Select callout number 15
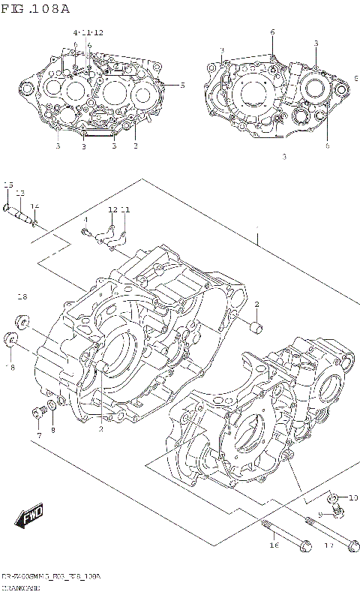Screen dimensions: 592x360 click(x=8, y=185)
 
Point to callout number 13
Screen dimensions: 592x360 click(x=20, y=194)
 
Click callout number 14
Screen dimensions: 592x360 click(x=34, y=206)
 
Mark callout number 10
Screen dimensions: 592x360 click(x=353, y=497)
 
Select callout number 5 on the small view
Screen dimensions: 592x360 click(x=182, y=85)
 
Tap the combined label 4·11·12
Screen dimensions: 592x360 click(x=88, y=34)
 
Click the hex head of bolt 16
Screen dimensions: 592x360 click(x=304, y=549)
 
